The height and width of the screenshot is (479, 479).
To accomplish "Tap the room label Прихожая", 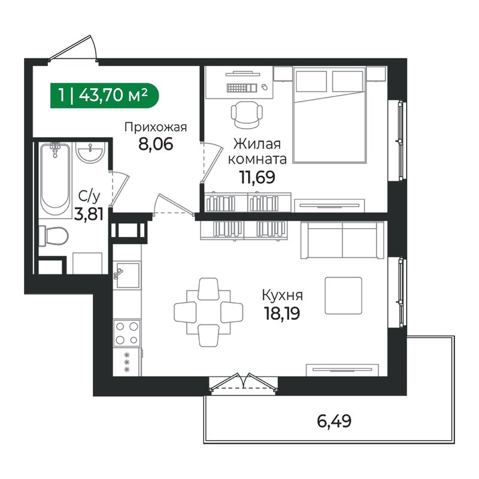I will [x=156, y=127].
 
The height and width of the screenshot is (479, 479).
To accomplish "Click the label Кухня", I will [x=282, y=295].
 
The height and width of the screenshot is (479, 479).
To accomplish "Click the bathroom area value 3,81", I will [x=88, y=213].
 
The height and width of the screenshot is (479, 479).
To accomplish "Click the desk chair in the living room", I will [x=247, y=114].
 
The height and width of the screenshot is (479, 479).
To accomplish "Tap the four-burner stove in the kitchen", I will [x=127, y=333].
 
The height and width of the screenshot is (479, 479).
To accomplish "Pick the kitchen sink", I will [x=126, y=275].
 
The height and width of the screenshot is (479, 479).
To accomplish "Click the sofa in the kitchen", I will [x=342, y=240].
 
